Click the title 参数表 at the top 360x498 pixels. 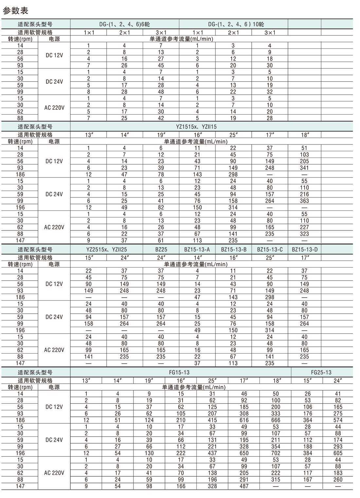15,11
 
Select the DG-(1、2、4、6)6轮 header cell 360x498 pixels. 125,24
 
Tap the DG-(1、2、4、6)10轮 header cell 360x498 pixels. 233,24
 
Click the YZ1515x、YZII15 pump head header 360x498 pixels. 197,127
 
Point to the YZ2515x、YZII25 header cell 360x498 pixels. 106,249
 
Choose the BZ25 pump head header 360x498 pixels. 161,249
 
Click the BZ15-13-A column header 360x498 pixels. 197,249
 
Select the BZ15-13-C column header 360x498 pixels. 270,249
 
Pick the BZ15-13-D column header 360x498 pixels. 304,249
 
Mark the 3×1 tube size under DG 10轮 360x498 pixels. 270,32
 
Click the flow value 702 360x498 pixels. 276,453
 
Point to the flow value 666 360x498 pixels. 276,420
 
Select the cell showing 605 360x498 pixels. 338,453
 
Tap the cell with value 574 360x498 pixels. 338,420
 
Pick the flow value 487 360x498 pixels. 244,486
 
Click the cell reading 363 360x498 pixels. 304,201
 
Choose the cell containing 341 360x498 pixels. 304,168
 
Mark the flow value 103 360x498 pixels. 304,155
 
